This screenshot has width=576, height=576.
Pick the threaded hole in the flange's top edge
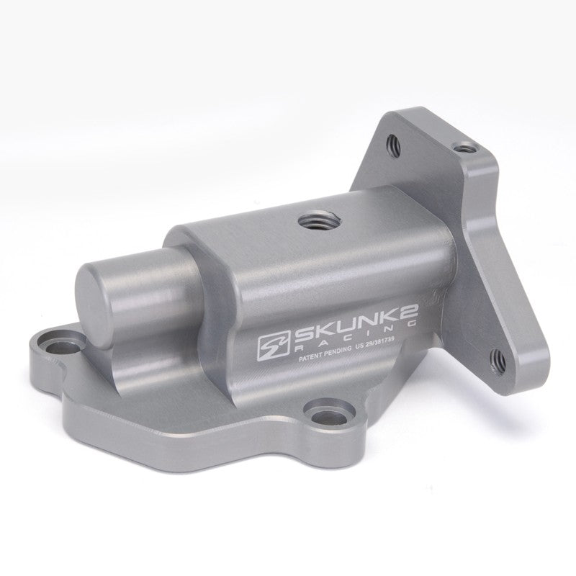tap(468, 147)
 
